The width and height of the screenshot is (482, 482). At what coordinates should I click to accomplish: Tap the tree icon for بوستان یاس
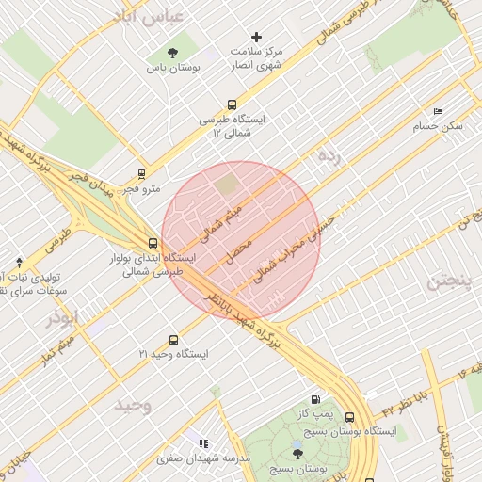pos(171,53)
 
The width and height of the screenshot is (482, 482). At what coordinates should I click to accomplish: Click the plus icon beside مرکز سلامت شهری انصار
pos(256,37)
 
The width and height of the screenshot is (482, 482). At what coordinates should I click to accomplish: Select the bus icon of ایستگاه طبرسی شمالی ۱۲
pos(232,105)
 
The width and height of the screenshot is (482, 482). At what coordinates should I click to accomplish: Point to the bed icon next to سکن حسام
pos(437,110)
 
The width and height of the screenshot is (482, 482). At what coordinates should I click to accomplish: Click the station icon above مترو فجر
pos(141,173)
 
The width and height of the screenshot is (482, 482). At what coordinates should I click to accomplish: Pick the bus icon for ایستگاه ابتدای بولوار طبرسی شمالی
pos(153,242)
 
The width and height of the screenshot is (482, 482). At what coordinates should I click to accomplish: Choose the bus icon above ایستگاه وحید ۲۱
pos(172,340)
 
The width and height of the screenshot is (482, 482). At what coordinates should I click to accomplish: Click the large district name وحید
pos(133,405)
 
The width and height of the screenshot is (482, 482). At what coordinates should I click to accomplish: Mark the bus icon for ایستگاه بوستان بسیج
pos(350,417)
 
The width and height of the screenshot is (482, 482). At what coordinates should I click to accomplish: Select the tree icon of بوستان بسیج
pos(298,453)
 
